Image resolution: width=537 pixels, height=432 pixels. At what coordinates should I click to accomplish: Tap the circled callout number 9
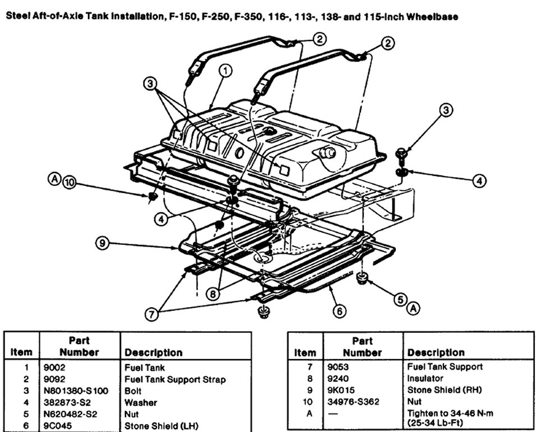(x=101, y=243)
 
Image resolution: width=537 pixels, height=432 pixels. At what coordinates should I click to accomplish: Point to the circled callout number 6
(x=340, y=310)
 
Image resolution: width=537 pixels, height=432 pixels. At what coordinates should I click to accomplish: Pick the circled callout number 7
(x=150, y=314)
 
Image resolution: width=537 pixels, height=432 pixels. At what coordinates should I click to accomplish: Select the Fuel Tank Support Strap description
(x=175, y=380)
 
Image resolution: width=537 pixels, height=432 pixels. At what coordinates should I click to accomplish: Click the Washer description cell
(x=141, y=402)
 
